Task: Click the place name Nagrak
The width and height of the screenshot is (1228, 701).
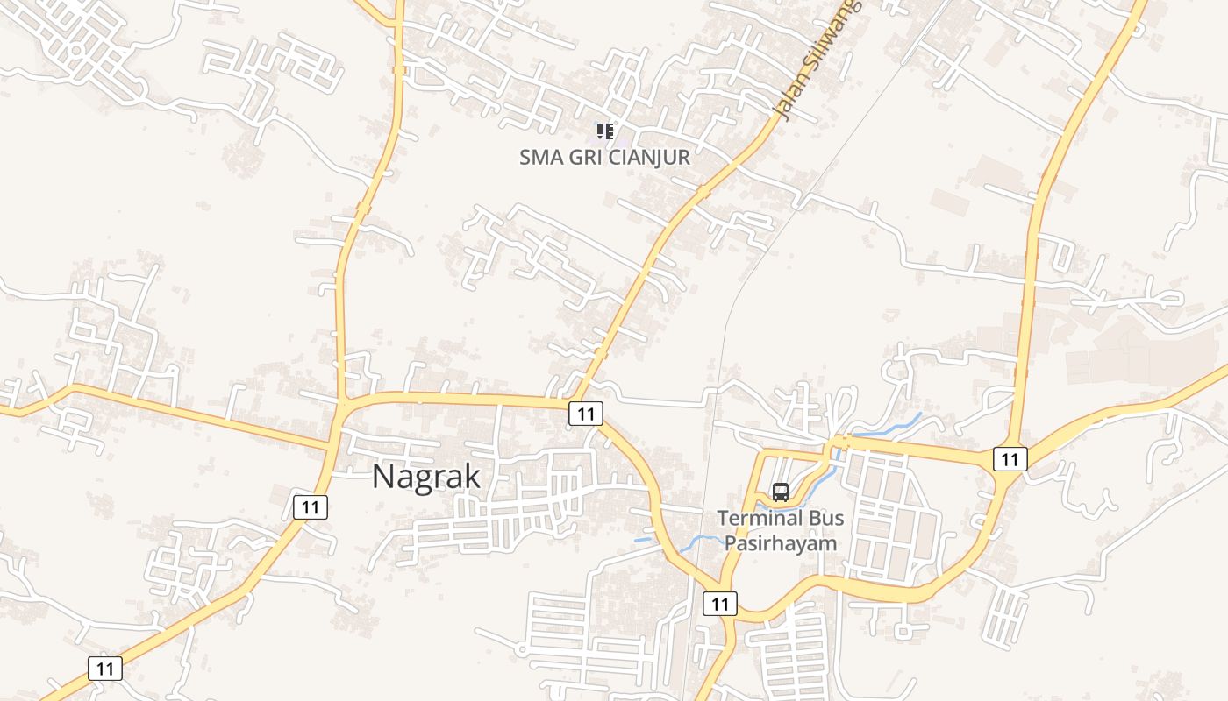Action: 426,478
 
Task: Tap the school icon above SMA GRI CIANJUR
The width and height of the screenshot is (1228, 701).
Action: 604,131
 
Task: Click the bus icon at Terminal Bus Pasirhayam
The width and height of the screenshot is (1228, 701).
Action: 781,492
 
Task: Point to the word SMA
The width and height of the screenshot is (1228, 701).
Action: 539,158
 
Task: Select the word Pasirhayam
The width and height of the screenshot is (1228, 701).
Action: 781,543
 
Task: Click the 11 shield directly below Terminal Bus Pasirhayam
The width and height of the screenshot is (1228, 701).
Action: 720,603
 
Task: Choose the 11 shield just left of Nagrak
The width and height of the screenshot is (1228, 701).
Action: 311,506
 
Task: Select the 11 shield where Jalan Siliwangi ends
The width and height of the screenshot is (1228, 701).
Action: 586,414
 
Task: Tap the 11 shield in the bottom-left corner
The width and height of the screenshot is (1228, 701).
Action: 105,669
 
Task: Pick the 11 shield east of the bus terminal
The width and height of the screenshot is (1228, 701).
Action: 1010,458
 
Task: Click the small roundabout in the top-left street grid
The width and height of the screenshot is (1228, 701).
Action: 75,50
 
